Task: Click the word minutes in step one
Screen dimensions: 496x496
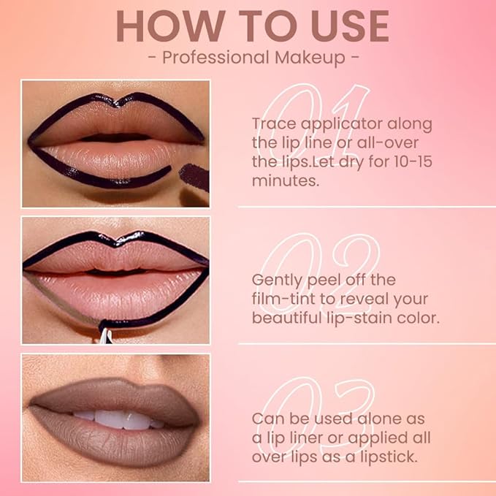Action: click(x=286, y=180)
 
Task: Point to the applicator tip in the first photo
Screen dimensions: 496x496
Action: click(x=191, y=176)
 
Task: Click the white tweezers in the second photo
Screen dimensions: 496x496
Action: click(x=106, y=337)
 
